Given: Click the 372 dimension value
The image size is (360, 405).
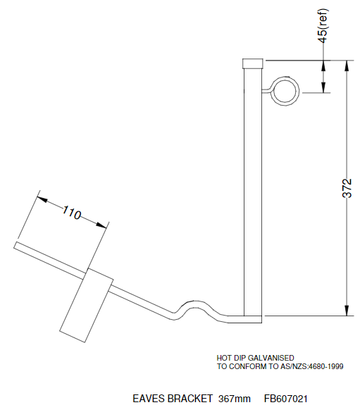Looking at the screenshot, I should coord(346,187).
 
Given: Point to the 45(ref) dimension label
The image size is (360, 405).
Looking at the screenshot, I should coord(323,27).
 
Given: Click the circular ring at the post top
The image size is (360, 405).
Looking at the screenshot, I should coord(286,92).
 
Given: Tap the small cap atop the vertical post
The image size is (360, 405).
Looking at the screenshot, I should coord(252,63).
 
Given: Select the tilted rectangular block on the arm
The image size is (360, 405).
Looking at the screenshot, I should coord(85,302).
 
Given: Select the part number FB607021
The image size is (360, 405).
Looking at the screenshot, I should coord(285,399).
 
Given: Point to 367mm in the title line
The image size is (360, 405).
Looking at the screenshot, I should coord(234,399).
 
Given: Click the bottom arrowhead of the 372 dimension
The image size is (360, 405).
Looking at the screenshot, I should coord(346,311).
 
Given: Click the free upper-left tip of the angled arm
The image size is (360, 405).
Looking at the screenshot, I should coord(15,245).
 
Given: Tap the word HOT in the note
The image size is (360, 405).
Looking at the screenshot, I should coord(224,359).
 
